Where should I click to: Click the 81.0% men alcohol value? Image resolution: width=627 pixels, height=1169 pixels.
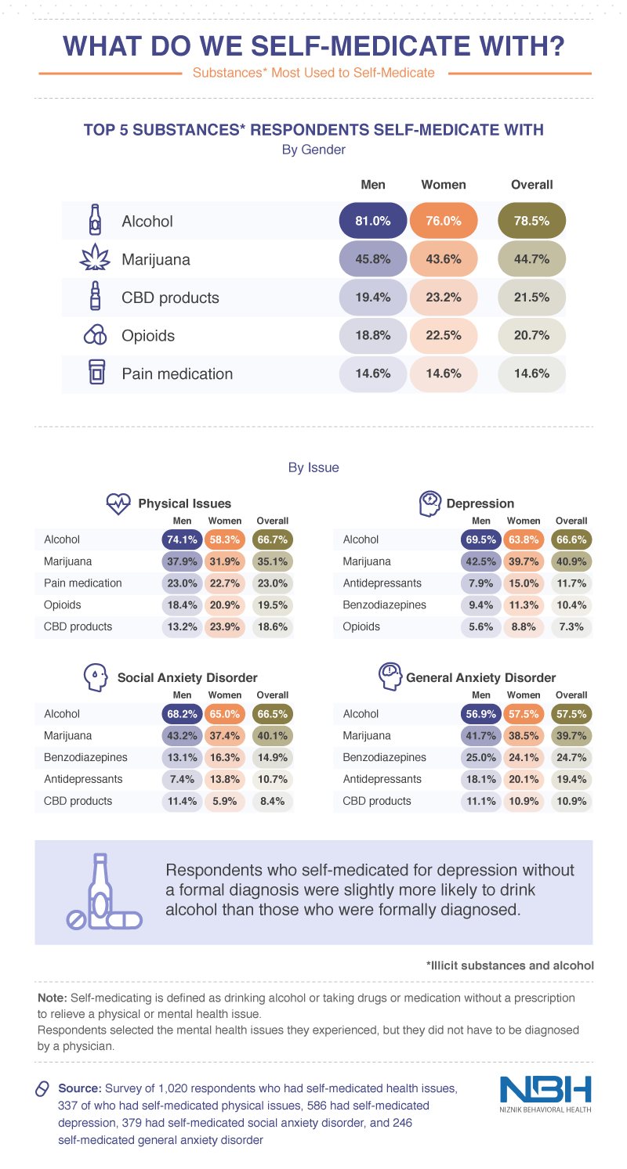pos(372,222)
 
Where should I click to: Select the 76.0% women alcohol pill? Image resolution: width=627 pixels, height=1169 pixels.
pos(442,222)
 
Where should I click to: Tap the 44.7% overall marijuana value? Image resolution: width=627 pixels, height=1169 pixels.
pos(532,259)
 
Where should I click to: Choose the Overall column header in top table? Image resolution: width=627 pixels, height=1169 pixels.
pos(532,185)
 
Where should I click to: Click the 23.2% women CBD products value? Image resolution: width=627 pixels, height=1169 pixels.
pos(442,298)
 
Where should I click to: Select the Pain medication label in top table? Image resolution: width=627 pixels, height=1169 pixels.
pos(177,374)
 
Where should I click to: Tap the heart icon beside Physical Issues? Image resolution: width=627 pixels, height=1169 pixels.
pos(118,502)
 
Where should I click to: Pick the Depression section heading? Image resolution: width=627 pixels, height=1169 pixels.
pos(480,503)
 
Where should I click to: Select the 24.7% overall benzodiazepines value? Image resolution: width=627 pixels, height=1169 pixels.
pos(571,758)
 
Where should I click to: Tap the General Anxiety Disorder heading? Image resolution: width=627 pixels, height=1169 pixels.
pos(480,677)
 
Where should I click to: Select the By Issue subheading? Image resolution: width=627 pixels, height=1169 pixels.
pos(313,468)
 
